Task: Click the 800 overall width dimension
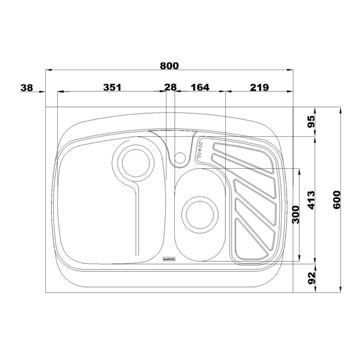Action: pyautogui.click(x=169, y=66)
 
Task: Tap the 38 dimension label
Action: pyautogui.click(x=27, y=88)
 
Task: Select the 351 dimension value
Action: pyautogui.click(x=112, y=87)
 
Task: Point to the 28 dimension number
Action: pyautogui.click(x=171, y=87)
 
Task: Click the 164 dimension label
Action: pyautogui.click(x=200, y=87)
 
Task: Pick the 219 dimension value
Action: pyautogui.click(x=259, y=87)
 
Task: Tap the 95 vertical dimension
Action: pyautogui.click(x=311, y=122)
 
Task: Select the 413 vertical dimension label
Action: pyautogui.click(x=311, y=200)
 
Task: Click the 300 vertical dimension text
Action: pyautogui.click(x=296, y=215)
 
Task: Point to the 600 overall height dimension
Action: pyautogui.click(x=336, y=200)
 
